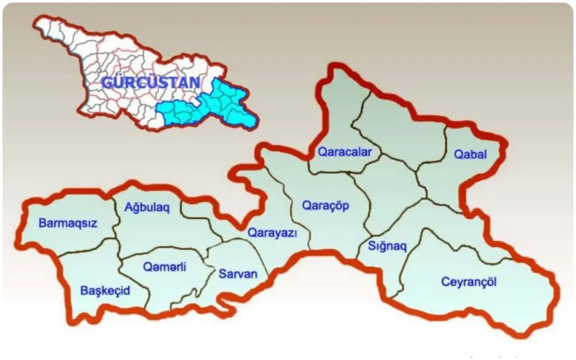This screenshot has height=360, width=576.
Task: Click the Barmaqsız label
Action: (68, 223)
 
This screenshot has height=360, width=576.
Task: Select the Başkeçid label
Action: (105, 291)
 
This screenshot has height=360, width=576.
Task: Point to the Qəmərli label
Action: (165, 267)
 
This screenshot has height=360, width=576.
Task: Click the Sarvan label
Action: (237, 274)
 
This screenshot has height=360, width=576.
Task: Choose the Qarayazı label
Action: (272, 233)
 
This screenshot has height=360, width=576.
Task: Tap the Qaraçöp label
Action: (326, 206)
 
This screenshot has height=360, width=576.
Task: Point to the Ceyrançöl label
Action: (469, 282)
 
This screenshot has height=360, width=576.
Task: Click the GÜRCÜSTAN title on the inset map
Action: (150, 83)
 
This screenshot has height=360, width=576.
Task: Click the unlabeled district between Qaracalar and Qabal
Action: (402, 132)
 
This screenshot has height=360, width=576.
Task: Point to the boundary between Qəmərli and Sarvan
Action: (208, 264)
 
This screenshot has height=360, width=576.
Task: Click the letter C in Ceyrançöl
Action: (445, 282)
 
